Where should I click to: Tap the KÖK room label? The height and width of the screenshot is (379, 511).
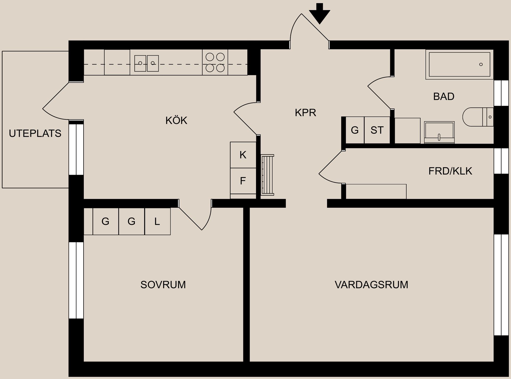(176, 120)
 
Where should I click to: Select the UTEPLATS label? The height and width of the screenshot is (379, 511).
(35, 133)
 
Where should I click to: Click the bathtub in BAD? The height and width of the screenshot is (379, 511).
(459, 64)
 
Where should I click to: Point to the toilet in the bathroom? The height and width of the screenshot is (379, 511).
(476, 117)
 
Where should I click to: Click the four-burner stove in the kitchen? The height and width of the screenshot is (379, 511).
(215, 63)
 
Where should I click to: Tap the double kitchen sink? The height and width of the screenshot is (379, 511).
(146, 63)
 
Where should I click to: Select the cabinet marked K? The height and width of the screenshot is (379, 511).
(243, 155)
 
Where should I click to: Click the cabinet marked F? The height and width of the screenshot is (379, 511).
(243, 181)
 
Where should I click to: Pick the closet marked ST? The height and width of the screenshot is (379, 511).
(377, 130)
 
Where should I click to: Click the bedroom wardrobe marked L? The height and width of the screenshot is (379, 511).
(157, 221)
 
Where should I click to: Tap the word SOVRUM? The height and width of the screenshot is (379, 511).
(163, 285)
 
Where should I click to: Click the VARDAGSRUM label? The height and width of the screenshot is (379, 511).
(371, 285)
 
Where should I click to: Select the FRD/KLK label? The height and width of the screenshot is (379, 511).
(450, 171)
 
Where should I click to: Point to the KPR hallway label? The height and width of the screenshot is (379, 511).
(305, 113)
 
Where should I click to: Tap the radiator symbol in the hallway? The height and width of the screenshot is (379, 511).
(267, 175)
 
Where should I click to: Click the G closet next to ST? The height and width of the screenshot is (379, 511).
(355, 130)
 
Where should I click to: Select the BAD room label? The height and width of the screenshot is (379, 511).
(443, 96)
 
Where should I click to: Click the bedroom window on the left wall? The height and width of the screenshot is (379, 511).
(76, 280)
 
